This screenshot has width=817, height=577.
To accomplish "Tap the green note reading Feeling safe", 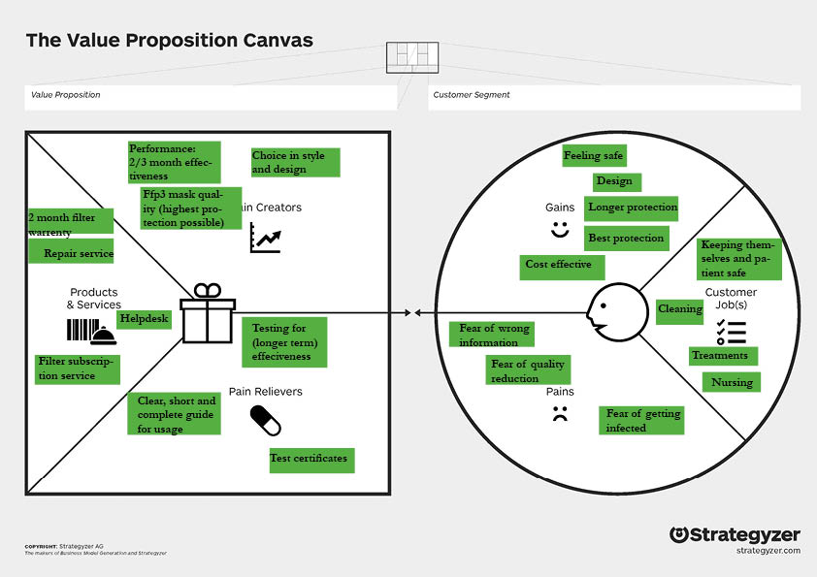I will pyautogui.click(x=594, y=155).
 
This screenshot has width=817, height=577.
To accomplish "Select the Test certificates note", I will pyautogui.click(x=311, y=459).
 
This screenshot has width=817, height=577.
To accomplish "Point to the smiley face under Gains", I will pyautogui.click(x=559, y=230).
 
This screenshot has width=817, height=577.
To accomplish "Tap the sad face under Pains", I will pyautogui.click(x=559, y=416).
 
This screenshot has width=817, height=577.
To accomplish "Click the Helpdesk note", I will pyautogui.click(x=144, y=319).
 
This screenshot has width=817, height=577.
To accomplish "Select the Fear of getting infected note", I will pyautogui.click(x=641, y=420).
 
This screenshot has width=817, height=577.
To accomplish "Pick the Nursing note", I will pyautogui.click(x=731, y=382).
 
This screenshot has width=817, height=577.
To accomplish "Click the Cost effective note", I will pyautogui.click(x=562, y=266).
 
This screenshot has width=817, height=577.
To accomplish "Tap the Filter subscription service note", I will pyautogui.click(x=75, y=369).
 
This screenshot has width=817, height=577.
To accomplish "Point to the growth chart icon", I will pyautogui.click(x=265, y=238).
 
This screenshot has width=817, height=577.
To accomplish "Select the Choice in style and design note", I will pyautogui.click(x=295, y=162).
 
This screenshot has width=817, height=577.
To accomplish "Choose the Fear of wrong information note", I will pyautogui.click(x=495, y=335).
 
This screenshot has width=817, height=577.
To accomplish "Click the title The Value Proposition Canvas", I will pyautogui.click(x=170, y=41).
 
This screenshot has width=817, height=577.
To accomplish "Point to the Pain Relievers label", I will pyautogui.click(x=266, y=392).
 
